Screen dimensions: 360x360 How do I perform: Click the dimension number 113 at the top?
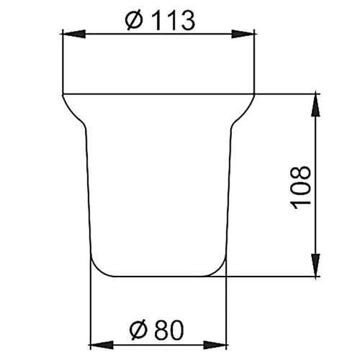pyautogui.click(x=174, y=21)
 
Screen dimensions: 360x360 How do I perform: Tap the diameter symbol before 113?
pyautogui.click(x=134, y=21)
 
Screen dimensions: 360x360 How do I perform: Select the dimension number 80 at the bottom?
pyautogui.click(x=169, y=330)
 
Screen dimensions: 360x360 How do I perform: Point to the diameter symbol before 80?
pyautogui.click(x=138, y=330)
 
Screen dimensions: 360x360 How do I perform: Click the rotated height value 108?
pyautogui.click(x=300, y=187)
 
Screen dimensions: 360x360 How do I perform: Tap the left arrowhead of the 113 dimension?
pyautogui.click(x=73, y=34)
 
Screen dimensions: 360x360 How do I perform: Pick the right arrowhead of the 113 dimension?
pyautogui.click(x=243, y=34)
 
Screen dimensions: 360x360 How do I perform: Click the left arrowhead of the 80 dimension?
pyautogui.click(x=102, y=345)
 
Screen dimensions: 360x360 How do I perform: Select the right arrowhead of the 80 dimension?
pyautogui.click(x=215, y=345)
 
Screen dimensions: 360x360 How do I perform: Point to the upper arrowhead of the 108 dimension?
pyautogui.click(x=316, y=105)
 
